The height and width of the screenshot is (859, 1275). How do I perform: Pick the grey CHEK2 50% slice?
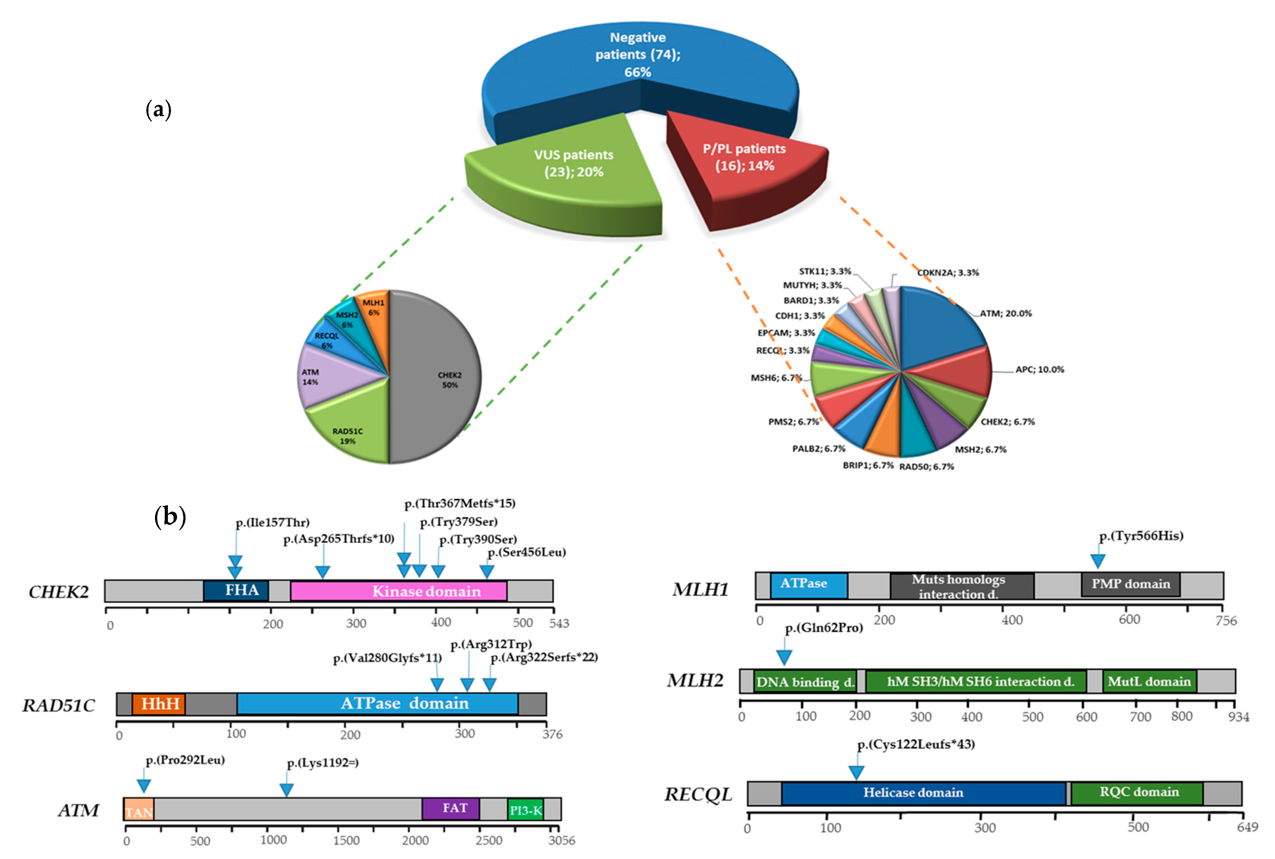click(x=438, y=378)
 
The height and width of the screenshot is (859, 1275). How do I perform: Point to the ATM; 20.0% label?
click(x=1005, y=313)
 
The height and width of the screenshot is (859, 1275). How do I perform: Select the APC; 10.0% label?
click(x=1039, y=369)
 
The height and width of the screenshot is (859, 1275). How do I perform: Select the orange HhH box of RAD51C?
click(x=159, y=704)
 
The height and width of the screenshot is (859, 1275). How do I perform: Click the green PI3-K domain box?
click(x=525, y=810)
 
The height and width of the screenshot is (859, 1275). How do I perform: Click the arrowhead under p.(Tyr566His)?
click(x=1097, y=561)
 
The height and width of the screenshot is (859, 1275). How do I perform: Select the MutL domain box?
click(x=1149, y=682)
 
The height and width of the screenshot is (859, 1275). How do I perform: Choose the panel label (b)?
click(x=170, y=516)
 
